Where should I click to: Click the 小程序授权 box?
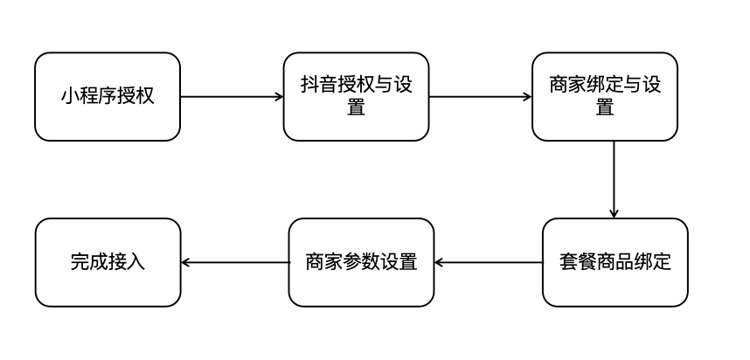pos(108,96)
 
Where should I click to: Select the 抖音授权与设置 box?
pos(356,96)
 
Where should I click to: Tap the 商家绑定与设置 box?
pos(604,96)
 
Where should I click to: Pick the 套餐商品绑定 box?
pos(615,262)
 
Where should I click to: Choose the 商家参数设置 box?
pos(361,262)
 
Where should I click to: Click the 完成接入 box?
pos(108,262)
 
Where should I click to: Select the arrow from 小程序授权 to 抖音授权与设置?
pos(232,96)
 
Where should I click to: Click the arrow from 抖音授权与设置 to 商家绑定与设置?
pos(480,96)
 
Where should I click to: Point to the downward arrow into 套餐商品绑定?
pos(614,179)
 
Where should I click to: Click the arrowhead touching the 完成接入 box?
pos(185,262)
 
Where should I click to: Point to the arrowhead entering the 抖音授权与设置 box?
pos(279,96)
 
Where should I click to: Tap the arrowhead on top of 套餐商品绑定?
pos(614,213)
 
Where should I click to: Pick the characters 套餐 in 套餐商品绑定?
pos(577,262)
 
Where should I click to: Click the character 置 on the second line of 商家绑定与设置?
pos(604,107)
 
